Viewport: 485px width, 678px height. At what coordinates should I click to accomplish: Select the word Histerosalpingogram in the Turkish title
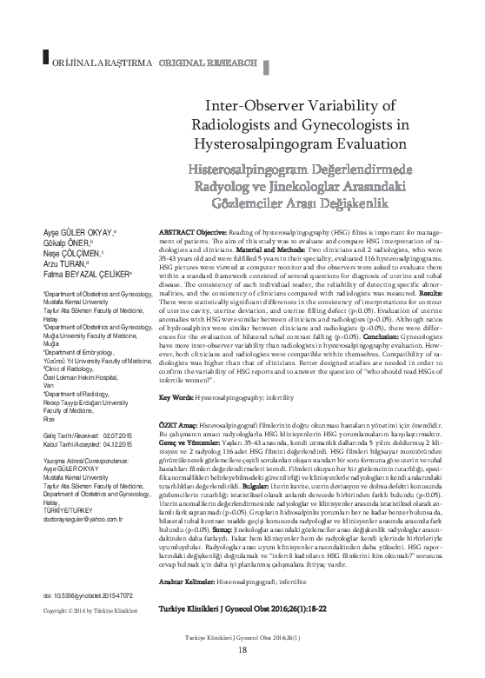pyautogui.click(x=252, y=168)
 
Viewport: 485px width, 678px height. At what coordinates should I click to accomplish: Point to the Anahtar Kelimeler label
pyautogui.click(x=188, y=578)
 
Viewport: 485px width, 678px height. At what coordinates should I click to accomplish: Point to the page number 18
pyautogui.click(x=242, y=674)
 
